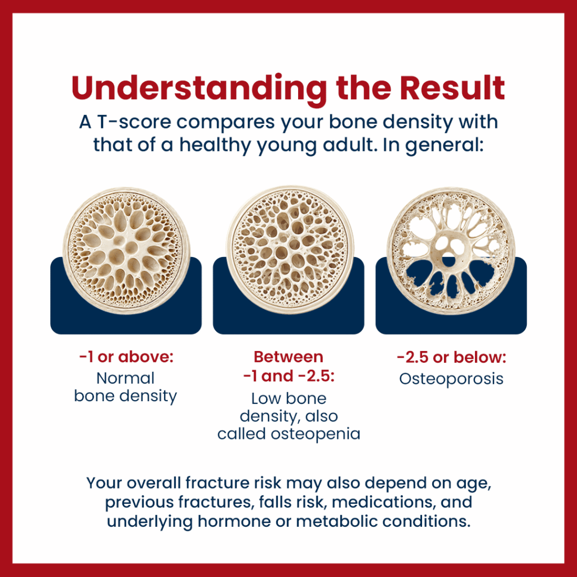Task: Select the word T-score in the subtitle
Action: click(134, 122)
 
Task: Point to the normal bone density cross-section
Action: click(126, 251)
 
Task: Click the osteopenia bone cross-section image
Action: click(290, 250)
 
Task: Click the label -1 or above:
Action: click(126, 357)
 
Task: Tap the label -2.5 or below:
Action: click(451, 357)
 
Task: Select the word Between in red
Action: click(288, 357)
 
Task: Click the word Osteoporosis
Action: click(451, 379)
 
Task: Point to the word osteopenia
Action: click(316, 434)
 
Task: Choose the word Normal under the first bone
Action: click(126, 378)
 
